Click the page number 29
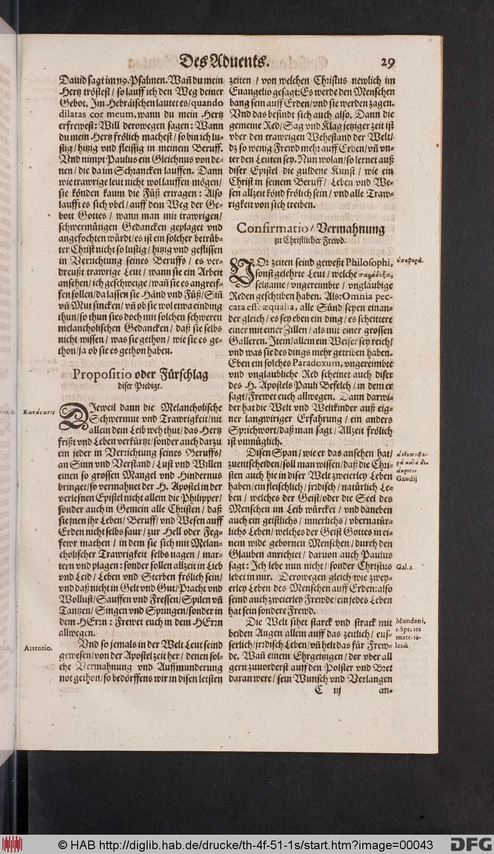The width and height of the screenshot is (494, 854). [x=387, y=63]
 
